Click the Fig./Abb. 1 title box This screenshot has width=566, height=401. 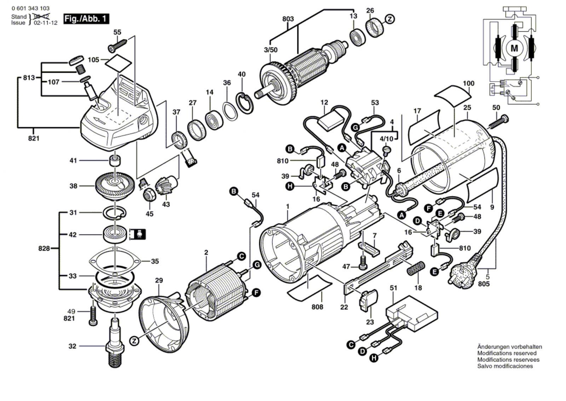click(x=86, y=19)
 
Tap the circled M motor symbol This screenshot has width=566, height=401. click(x=514, y=48)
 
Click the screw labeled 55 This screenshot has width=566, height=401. click(x=117, y=46)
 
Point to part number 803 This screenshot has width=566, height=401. click(x=288, y=19)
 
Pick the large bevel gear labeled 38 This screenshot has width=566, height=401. click(x=115, y=186)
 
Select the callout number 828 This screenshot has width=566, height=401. click(x=44, y=249)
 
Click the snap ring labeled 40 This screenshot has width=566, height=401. click(x=244, y=103)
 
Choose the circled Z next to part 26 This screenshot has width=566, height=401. click(x=390, y=19)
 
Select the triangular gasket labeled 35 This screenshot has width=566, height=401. click(x=115, y=261)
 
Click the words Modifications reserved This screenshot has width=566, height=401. click(x=507, y=353)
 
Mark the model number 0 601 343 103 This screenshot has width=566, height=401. click(x=30, y=8)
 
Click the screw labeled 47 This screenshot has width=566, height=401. click(x=363, y=263)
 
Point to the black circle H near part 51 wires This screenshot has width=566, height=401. click(x=374, y=358)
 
